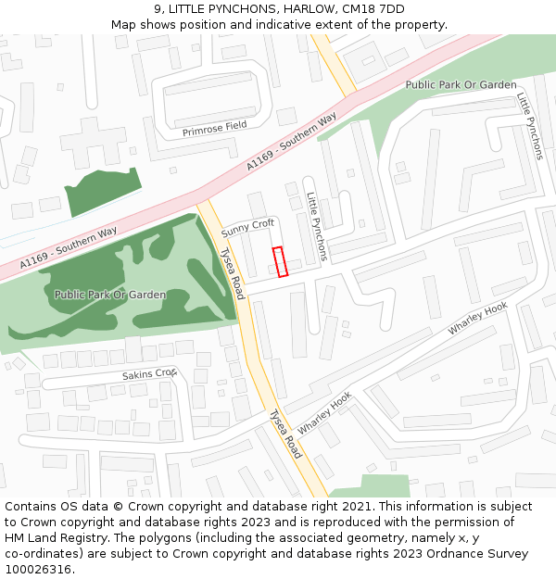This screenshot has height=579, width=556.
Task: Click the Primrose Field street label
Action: [x=215, y=131]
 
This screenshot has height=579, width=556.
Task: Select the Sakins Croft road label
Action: [x=149, y=374]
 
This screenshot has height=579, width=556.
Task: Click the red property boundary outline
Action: [x=280, y=261]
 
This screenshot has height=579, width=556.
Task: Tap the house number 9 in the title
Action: [x=158, y=8]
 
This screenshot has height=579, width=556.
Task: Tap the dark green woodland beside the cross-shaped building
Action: [x=102, y=192]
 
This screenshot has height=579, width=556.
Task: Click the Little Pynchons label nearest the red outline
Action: [x=316, y=227]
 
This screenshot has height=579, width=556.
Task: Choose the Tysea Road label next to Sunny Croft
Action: [x=231, y=272]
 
